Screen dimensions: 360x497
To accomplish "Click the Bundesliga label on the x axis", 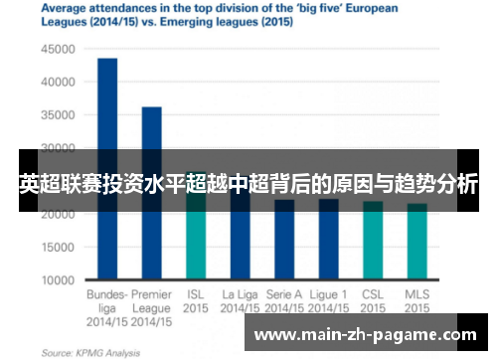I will click(107, 301).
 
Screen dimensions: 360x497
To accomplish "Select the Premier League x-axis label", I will click(151, 301).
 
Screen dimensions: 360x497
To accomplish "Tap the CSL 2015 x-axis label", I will click(373, 301).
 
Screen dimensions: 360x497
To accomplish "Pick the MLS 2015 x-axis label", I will click(416, 301).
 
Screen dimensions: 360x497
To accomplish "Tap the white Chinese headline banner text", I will click(248, 182).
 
